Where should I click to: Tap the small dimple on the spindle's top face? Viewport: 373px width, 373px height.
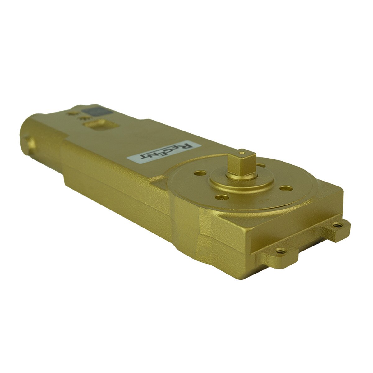pyautogui.click(x=241, y=153)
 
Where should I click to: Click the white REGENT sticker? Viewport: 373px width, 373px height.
pyautogui.click(x=164, y=151)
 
